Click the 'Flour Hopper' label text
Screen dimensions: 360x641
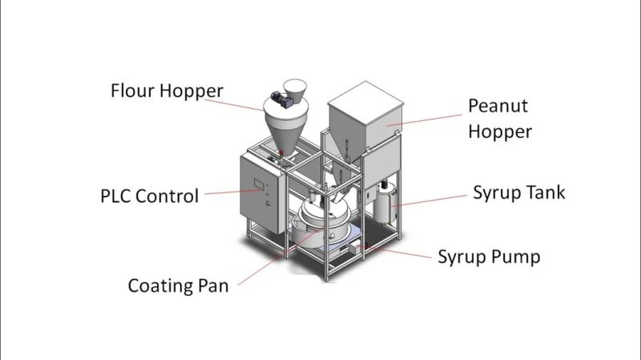point(167,90)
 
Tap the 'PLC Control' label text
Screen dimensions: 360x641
point(150,195)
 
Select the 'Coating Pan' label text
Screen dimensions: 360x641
point(178,285)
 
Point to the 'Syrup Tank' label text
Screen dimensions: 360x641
point(518,192)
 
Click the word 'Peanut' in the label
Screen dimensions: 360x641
point(498,106)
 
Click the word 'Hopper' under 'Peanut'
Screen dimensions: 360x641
point(499,131)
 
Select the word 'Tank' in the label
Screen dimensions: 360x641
point(544,192)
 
